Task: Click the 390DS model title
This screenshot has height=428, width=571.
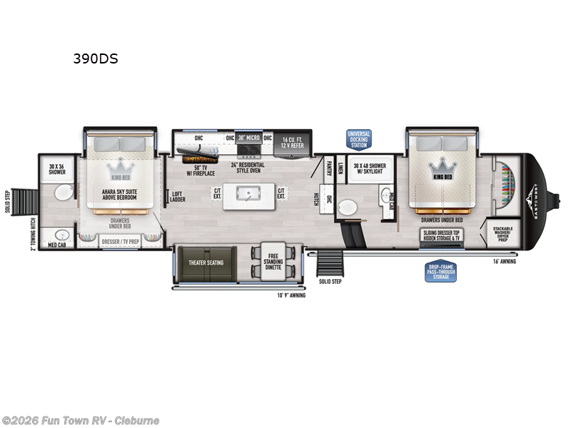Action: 95,59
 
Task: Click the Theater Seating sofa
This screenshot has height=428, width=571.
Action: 206,263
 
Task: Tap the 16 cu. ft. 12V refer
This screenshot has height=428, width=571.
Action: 293,142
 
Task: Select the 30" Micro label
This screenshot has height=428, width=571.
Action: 250,138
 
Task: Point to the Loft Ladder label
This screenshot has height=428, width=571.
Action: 178,195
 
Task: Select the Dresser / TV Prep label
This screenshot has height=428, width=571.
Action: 120,242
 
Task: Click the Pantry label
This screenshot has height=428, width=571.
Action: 329,168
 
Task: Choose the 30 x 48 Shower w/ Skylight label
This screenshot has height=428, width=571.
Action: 369,168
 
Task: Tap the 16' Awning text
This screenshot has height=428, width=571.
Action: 504,261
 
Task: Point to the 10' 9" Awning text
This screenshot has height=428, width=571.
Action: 291,295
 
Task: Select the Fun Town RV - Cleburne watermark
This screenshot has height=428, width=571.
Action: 81,420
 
